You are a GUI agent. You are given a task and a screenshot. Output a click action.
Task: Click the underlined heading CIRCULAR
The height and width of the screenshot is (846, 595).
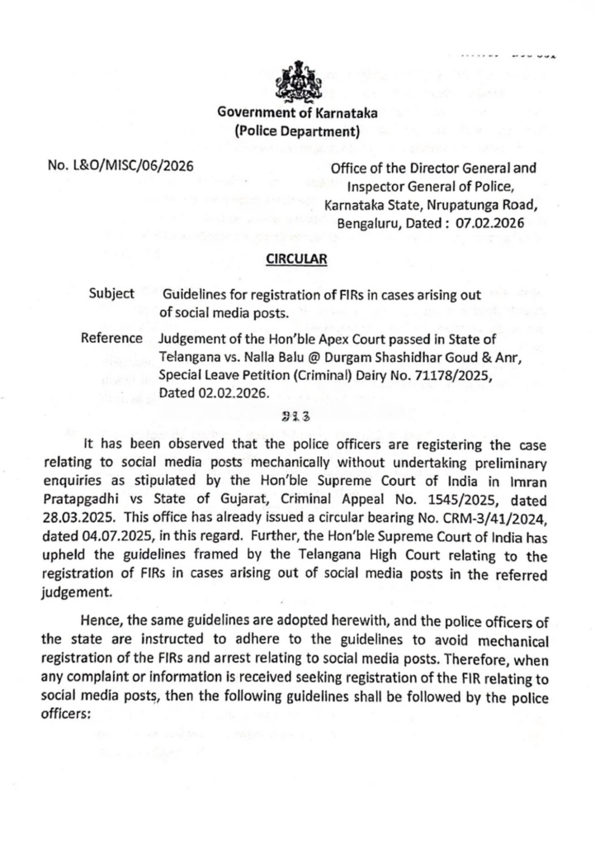(296, 259)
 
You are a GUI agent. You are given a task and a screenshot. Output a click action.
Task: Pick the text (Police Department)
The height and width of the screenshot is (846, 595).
(296, 131)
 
